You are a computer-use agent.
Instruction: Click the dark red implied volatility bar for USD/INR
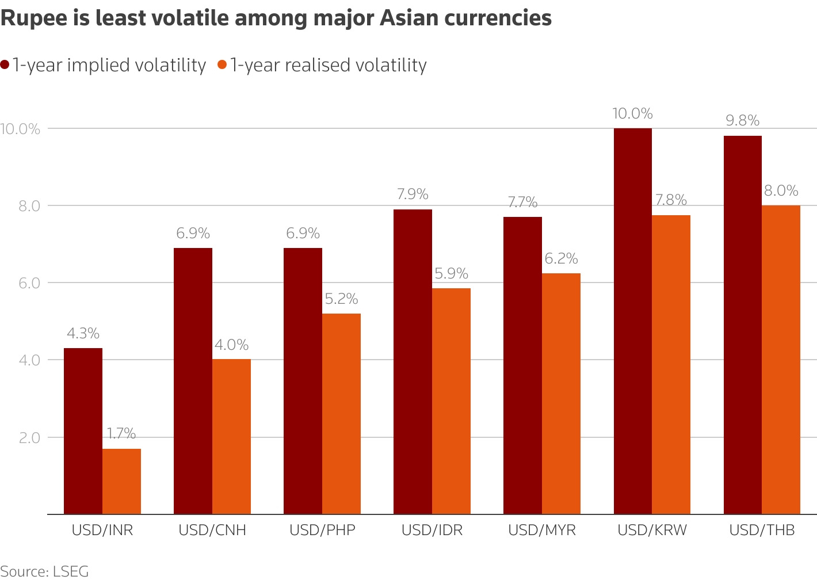pos(83,431)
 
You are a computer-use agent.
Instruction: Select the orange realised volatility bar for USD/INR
pos(121,482)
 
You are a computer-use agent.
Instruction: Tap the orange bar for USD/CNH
pos(231,437)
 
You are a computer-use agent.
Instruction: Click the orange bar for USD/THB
pos(781,360)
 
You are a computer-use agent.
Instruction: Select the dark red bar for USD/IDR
pos(413,362)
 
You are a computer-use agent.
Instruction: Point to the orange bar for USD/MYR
pos(561,394)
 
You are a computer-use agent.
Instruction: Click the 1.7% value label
pos(121,434)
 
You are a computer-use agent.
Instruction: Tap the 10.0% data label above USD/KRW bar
pos(632,113)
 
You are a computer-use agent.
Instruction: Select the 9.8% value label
pos(742,121)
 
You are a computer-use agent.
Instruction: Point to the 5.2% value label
pos(341,299)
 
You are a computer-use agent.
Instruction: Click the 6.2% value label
pos(561,259)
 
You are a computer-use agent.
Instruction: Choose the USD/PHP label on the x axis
pos(322,530)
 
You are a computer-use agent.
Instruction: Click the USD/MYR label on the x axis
pos(542,530)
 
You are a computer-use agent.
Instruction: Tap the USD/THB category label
pos(762,530)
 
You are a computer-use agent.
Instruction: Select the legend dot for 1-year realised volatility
pos(222,65)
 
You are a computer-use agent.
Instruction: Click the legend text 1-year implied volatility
pos(109,65)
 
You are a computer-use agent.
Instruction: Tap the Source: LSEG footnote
pos(44,571)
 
